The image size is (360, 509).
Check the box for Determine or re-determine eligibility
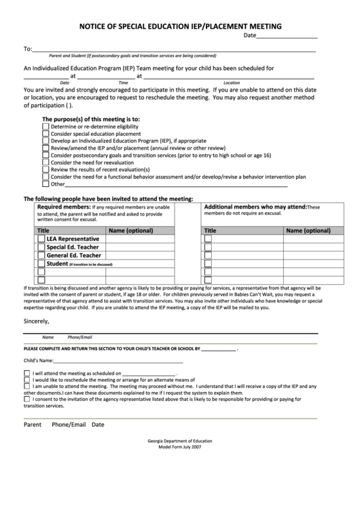point(46,126)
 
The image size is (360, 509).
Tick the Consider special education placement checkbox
point(46,134)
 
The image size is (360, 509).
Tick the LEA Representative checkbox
point(41,239)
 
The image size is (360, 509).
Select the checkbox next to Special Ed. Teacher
point(41,247)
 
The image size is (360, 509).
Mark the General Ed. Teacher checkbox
point(41,256)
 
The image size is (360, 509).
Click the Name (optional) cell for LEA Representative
point(149,239)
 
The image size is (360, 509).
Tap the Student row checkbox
point(41,264)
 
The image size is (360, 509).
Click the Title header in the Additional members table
point(211,231)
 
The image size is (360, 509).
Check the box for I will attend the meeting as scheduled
point(26,373)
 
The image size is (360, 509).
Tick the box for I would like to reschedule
point(26,379)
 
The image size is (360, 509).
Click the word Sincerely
point(37,321)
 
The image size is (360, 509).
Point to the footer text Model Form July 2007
point(180,447)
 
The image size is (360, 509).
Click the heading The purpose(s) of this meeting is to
point(91,118)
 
